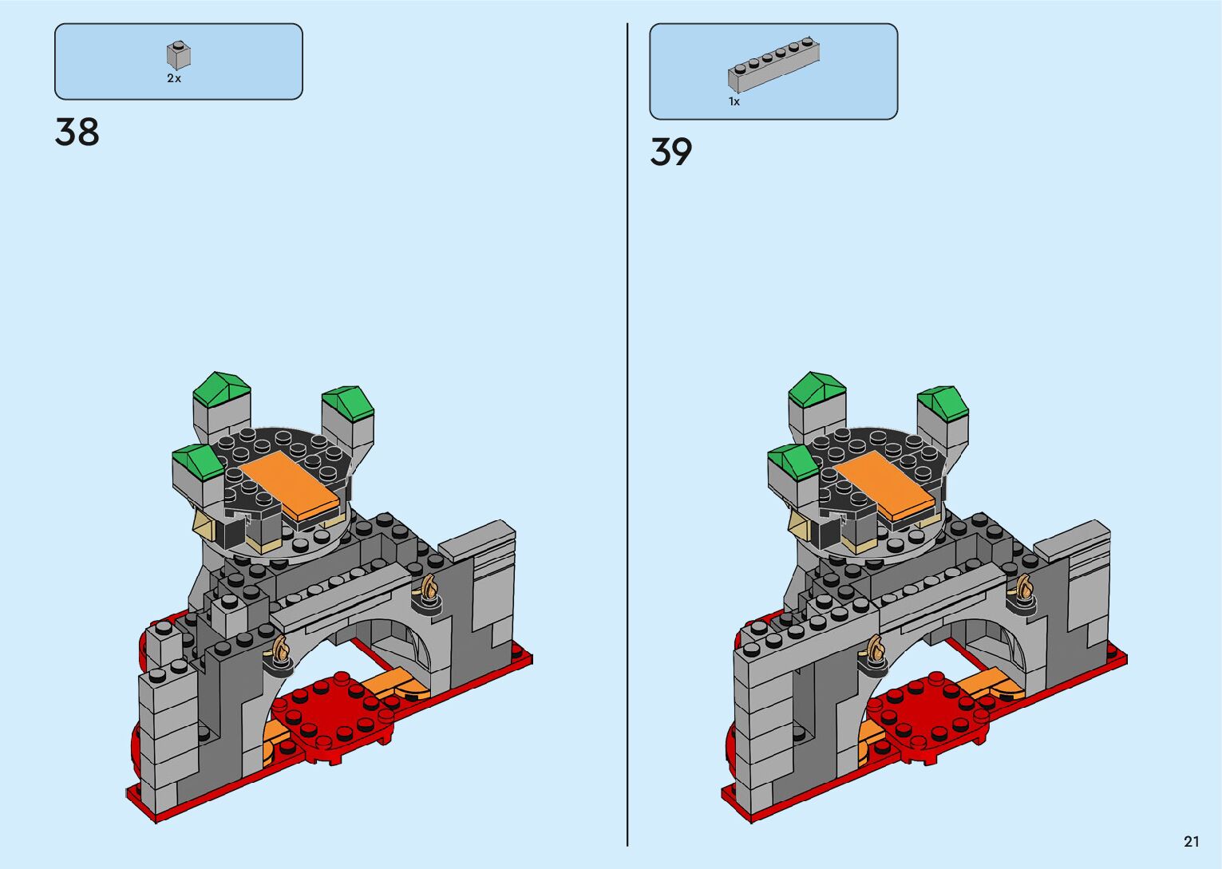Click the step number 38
[x=77, y=132]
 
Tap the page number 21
[x=1192, y=841]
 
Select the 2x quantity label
[x=174, y=78]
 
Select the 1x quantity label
[x=734, y=101]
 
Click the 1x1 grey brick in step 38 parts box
[x=178, y=56]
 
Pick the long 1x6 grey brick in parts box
[x=773, y=65]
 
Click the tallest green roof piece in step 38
[x=221, y=389]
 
